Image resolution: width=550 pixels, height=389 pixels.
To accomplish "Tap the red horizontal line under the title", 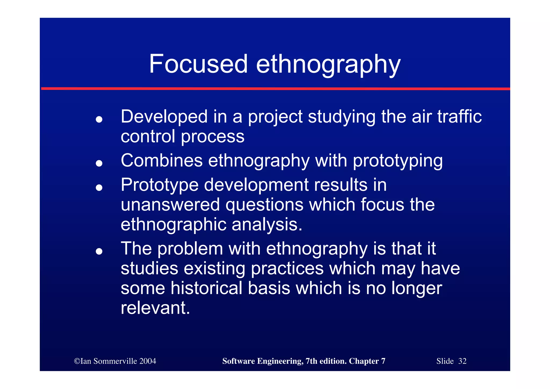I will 275,88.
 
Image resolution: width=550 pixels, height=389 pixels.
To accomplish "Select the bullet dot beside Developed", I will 99,119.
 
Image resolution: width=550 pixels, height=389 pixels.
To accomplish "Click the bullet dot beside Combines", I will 99,163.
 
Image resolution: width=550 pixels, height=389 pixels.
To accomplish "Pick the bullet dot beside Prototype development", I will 99,187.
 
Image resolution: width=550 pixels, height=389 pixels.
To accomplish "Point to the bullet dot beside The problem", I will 99,251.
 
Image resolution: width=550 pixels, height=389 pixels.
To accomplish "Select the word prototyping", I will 398,161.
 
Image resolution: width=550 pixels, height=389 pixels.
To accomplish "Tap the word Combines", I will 161,160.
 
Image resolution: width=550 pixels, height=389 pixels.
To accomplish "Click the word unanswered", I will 170,205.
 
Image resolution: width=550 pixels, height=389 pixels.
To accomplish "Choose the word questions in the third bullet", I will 264,205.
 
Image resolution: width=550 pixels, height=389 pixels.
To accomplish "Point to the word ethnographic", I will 173,225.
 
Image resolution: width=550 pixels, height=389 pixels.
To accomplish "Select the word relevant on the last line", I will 155,308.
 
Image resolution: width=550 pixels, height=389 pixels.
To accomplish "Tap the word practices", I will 287,268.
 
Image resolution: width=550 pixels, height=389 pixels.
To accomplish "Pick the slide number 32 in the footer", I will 462,361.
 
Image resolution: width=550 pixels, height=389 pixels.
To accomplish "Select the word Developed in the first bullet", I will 164,117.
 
